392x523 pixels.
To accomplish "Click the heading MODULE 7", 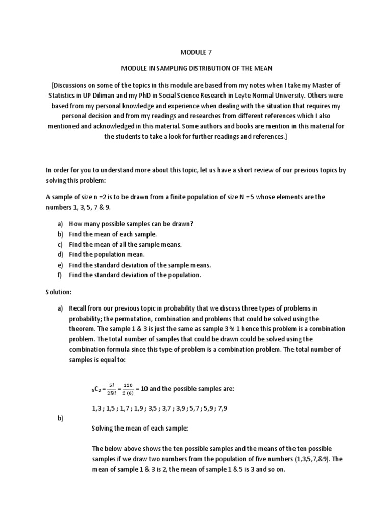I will (195, 52).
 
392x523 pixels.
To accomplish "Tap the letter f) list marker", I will (60, 275).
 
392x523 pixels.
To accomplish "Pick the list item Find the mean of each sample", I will (113, 234).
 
